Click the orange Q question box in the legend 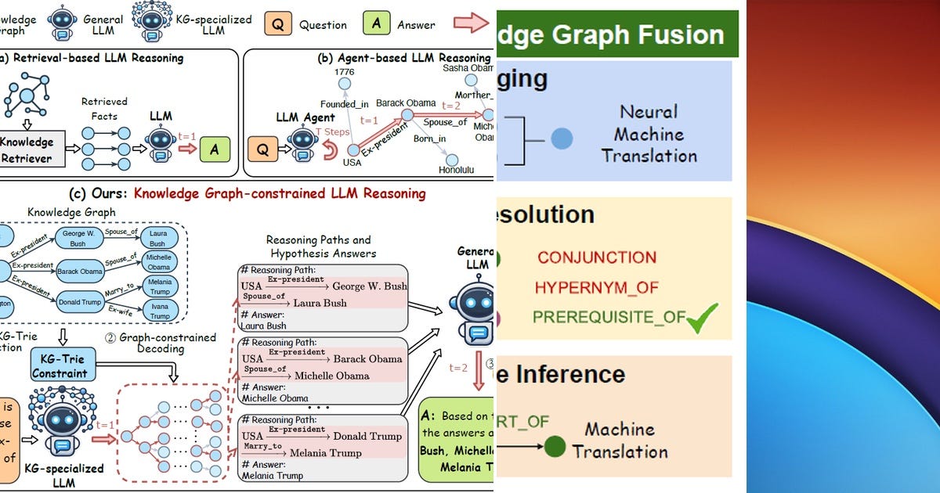277,24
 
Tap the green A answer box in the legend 376,24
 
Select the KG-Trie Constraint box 60,365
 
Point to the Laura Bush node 158,239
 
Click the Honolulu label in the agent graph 456,169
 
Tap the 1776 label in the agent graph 344,72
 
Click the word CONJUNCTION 597,257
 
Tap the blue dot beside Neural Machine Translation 562,139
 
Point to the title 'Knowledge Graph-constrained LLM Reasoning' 280,193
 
